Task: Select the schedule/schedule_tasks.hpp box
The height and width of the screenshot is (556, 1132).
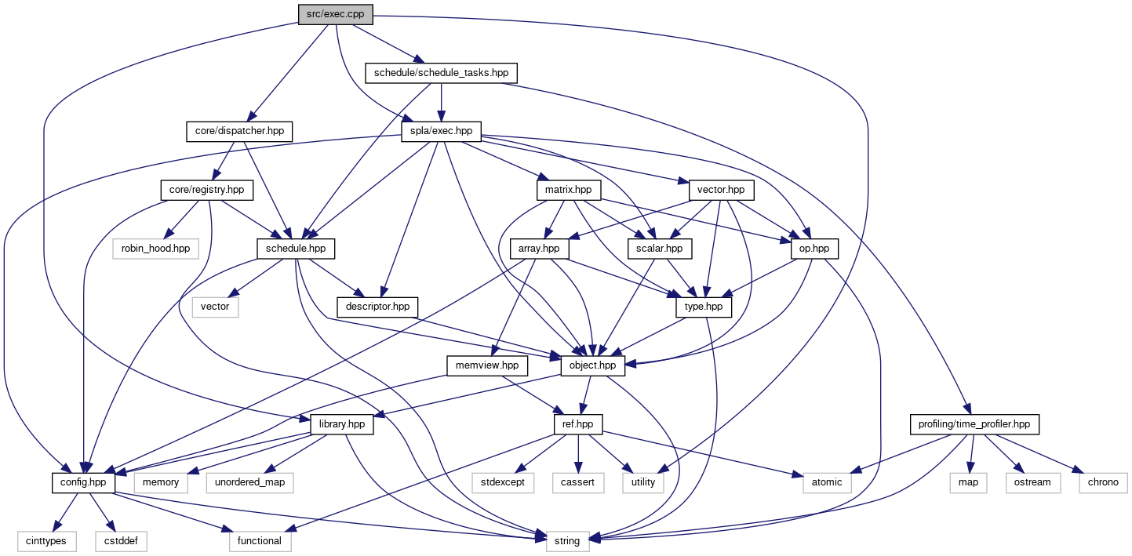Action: point(441,73)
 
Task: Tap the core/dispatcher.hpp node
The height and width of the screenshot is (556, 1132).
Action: point(235,131)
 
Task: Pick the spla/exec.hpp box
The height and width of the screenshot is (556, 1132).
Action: point(441,131)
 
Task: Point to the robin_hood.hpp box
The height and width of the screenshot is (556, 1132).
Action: point(155,248)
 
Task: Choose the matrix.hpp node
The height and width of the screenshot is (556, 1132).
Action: point(568,190)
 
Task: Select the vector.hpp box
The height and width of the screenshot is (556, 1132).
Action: point(721,190)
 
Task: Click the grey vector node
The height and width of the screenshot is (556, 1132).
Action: point(215,307)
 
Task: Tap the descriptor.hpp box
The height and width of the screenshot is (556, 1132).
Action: point(377,307)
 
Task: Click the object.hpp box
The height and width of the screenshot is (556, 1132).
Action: point(594,365)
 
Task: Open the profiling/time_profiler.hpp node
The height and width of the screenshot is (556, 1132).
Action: point(974,424)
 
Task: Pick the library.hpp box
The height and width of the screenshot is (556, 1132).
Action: point(342,424)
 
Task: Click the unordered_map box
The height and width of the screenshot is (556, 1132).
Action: point(249,482)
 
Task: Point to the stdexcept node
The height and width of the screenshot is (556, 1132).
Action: point(502,482)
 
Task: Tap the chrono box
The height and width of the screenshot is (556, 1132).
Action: point(1103,482)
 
